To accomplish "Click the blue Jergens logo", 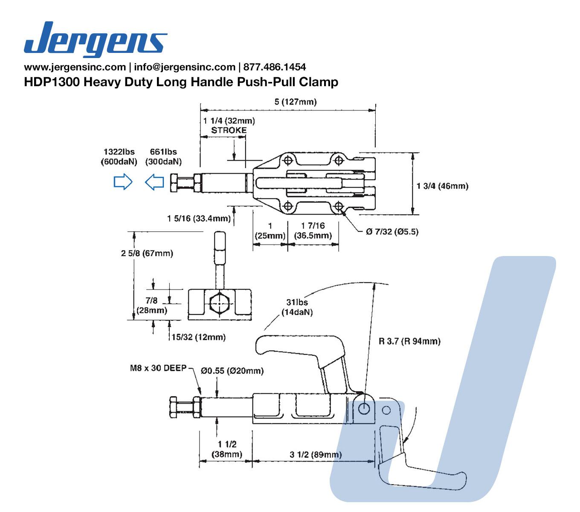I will coord(95,39).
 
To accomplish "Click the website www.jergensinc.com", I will coord(74,67).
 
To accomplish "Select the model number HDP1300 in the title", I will coord(52,82).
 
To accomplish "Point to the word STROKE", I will coord(229,130).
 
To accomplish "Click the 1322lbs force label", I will coord(119,151).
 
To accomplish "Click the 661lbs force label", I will coord(163,151).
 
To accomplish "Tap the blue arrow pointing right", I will coord(123,182).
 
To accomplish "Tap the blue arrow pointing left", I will coord(154,182).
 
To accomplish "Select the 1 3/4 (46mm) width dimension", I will coord(442,186).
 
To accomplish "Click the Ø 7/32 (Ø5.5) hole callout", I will coord(392,232).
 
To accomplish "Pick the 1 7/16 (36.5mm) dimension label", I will coord(313,230).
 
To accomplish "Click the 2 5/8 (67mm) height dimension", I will coord(147,253).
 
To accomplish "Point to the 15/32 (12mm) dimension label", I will coord(198,337).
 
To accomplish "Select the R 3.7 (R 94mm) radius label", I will coord(409,341).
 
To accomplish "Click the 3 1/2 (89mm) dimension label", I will coord(316,454).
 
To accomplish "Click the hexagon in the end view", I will coord(220,303).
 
